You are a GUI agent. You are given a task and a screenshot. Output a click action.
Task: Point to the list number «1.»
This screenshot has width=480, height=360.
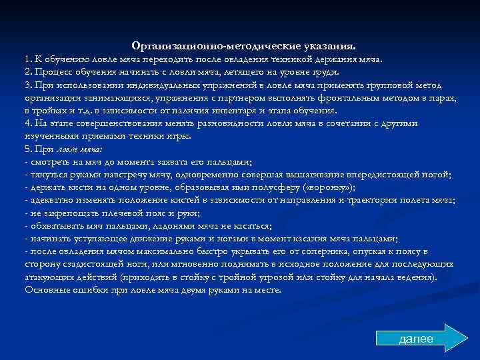(28, 59)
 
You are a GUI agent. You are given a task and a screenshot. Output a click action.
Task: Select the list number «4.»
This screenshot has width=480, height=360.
(28, 123)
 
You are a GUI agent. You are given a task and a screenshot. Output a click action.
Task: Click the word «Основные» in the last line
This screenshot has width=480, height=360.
(46, 291)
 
